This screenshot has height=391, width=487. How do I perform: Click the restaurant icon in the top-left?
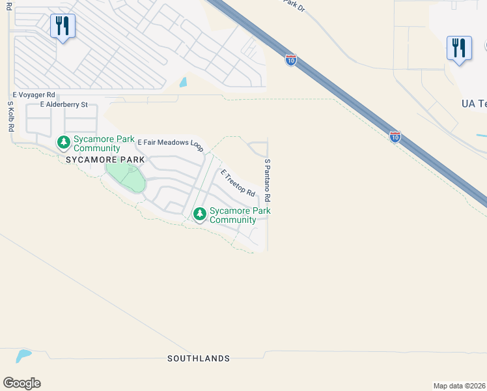click(63, 27)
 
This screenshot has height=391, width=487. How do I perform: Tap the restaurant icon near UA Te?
click(459, 49)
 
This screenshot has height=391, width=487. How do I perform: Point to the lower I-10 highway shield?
click(395, 137)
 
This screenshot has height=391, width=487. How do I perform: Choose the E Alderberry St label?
click(64, 104)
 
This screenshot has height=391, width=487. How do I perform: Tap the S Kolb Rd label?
click(11, 117)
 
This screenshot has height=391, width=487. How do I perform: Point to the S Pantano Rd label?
click(267, 179)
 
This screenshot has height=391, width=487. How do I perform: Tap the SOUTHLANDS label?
click(199, 358)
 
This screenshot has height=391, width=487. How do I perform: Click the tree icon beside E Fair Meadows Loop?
click(63, 142)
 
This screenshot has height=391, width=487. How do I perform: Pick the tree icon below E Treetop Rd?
click(199, 214)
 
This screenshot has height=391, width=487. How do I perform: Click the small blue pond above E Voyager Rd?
click(184, 83)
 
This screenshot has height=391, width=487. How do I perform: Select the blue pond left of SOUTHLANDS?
click(23, 356)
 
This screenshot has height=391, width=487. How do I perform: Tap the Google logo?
click(21, 383)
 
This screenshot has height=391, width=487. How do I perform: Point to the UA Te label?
click(473, 104)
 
